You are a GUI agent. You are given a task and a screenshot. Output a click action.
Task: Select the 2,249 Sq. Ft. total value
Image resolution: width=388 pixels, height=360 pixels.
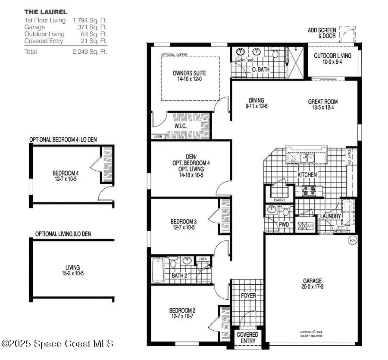pyautogui.click(x=90, y=52)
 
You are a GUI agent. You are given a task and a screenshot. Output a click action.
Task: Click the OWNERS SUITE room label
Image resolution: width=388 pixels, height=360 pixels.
pyautogui.click(x=189, y=73)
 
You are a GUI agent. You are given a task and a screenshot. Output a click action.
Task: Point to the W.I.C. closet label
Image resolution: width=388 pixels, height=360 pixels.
pyautogui.click(x=180, y=126)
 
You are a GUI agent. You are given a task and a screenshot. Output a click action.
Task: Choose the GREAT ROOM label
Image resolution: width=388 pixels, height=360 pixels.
pyautogui.click(x=322, y=102)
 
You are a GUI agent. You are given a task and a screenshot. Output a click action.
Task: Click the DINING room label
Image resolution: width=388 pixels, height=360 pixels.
pyautogui.click(x=256, y=100)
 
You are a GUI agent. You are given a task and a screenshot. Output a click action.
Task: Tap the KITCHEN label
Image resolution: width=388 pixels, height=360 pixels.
pyautogui.click(x=307, y=175)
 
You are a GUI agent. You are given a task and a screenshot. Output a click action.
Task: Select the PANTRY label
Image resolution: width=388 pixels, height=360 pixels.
pyautogui.click(x=279, y=200)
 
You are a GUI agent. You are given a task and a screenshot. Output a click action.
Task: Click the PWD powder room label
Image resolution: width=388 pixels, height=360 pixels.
pyautogui.click(x=284, y=224)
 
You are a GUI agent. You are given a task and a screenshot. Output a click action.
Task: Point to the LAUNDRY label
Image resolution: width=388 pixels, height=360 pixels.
pyautogui.click(x=331, y=216)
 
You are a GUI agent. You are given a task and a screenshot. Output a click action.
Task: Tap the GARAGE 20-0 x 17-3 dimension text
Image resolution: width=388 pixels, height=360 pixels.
pyautogui.click(x=312, y=286)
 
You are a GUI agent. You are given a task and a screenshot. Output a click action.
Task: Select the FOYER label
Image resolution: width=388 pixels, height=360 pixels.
pyautogui.click(x=248, y=296)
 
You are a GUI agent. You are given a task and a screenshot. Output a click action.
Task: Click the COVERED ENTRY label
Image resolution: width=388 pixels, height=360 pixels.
pyautogui.click(x=247, y=338)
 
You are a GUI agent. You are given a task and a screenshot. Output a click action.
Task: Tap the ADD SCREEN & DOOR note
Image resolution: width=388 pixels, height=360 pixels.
pyautogui.click(x=322, y=33)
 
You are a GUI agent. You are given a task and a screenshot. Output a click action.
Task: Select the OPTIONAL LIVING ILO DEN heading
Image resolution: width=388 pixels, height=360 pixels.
pyautogui.click(x=63, y=234)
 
